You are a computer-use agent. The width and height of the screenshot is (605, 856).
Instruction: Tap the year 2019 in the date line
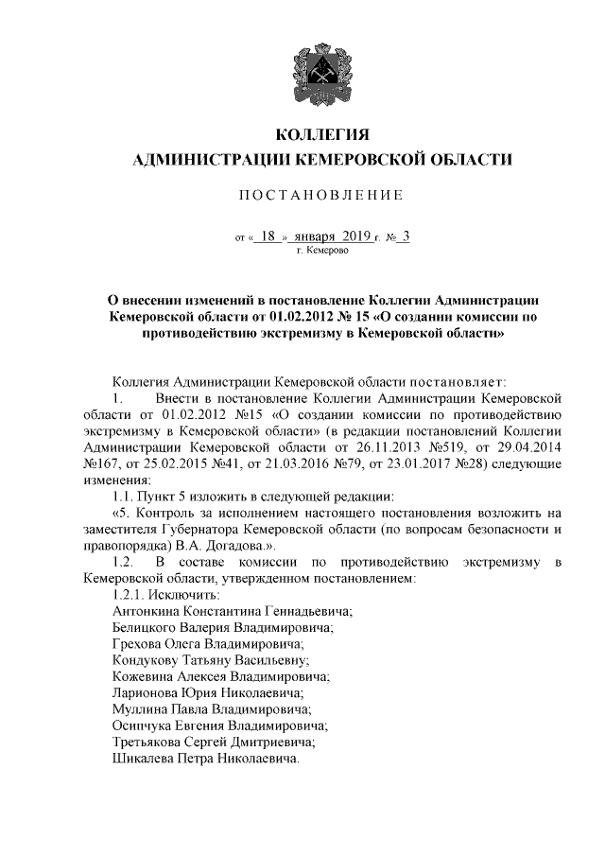pos(353,237)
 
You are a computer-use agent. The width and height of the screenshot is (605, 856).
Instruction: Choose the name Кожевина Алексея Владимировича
pos(220,677)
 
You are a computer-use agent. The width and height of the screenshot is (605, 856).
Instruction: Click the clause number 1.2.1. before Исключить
pos(129,596)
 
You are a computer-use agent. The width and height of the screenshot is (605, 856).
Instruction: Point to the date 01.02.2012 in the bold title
pos(302,317)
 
